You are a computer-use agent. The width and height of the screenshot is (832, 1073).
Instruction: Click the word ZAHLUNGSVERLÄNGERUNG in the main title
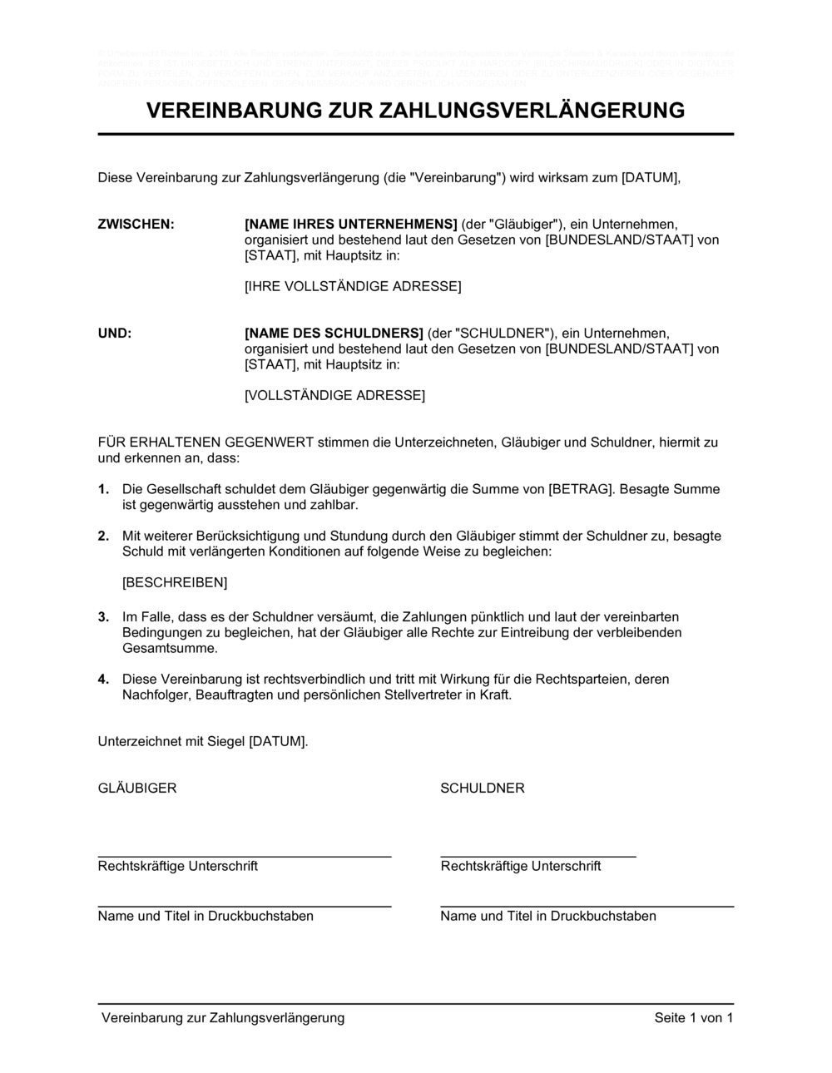pos(532,111)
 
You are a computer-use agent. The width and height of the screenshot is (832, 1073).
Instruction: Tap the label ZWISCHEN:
pos(136,225)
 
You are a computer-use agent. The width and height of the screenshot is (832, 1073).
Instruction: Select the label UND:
pos(115,334)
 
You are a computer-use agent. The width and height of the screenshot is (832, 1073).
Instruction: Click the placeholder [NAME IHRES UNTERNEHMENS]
pos(351,225)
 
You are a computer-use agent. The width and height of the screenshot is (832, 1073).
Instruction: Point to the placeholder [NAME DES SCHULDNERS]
pos(334,334)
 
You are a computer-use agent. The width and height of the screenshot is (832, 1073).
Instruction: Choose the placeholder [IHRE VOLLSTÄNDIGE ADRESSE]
pos(353,287)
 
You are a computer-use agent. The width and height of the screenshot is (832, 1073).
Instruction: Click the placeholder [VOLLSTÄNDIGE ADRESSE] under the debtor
pos(334,396)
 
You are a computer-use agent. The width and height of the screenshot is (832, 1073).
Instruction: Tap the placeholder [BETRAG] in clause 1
pos(582,489)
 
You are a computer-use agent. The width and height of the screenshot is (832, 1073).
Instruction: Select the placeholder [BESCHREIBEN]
pos(175,583)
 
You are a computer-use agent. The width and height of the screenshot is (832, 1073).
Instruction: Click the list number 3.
pos(103,617)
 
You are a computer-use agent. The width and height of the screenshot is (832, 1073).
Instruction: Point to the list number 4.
pos(103,680)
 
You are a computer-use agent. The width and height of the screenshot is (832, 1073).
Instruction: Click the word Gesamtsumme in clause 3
pos(170,649)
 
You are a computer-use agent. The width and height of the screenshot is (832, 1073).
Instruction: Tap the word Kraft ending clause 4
pos(494,695)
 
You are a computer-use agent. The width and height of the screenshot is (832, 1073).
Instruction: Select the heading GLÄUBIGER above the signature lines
pos(137,789)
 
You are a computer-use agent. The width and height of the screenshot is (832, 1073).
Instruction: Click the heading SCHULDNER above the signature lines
pos(483,789)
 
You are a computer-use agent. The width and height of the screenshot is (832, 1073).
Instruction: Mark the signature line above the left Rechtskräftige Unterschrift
pos(245,856)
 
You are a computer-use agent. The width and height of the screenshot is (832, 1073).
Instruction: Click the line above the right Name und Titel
pos(587,906)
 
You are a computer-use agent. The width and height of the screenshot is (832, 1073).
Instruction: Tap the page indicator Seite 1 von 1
pos(694,1018)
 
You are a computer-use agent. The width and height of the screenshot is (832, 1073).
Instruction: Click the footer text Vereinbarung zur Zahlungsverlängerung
pos(223,1018)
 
